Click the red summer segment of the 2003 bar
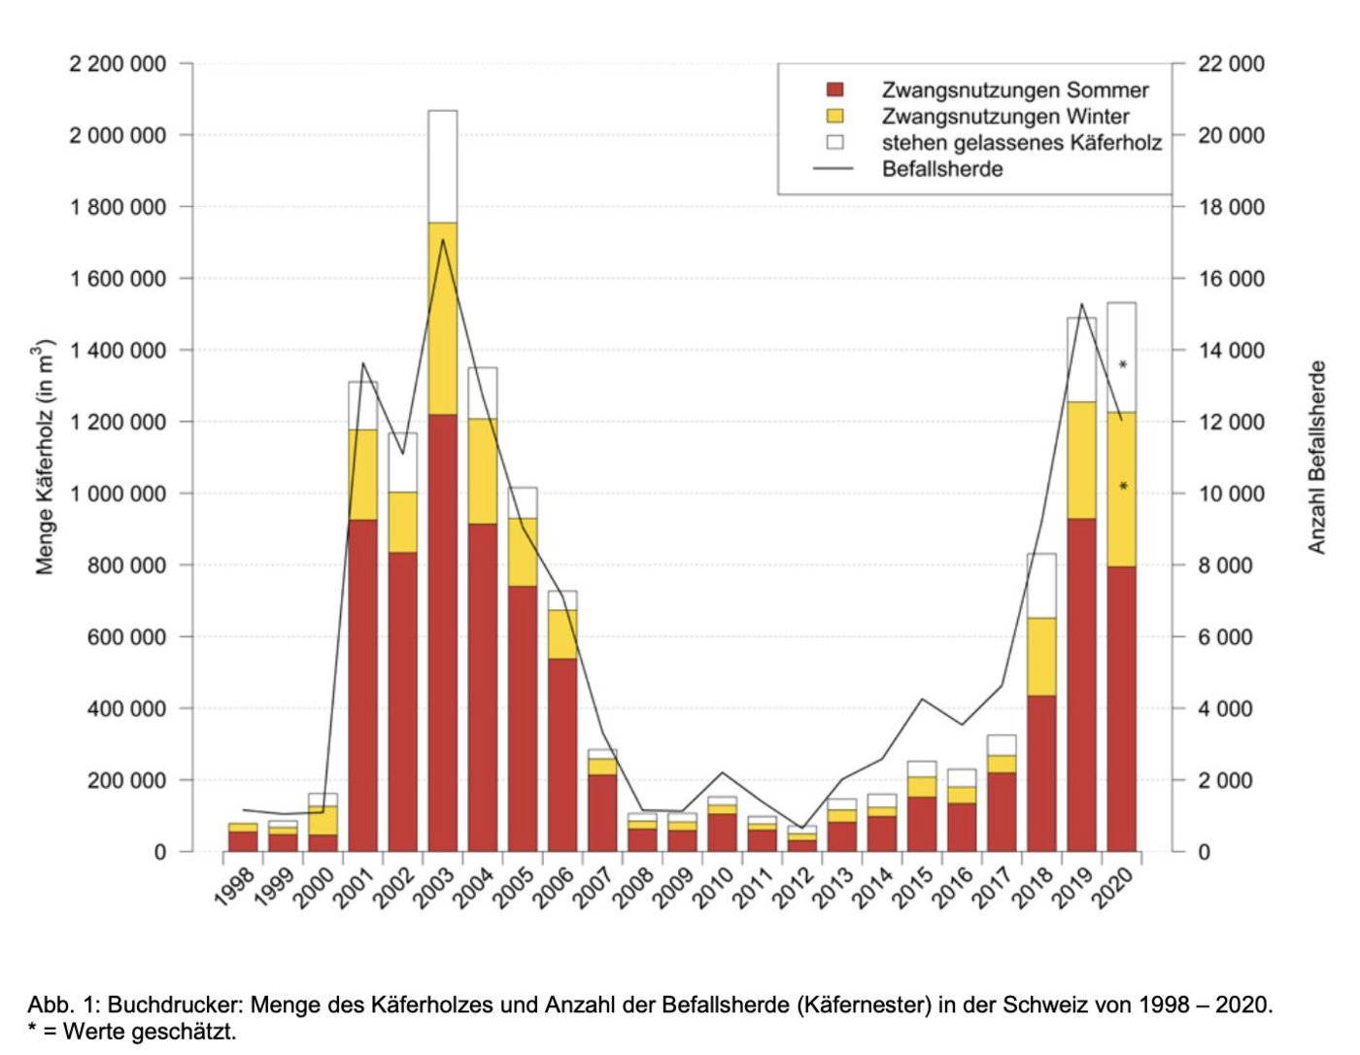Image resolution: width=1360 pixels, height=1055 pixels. click(442, 631)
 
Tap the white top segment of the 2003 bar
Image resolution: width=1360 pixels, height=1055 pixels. click(442, 166)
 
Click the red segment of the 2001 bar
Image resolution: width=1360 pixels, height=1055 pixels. click(362, 685)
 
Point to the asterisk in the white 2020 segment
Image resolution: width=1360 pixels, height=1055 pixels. click(1123, 366)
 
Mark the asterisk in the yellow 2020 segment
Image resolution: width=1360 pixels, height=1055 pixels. click(1123, 487)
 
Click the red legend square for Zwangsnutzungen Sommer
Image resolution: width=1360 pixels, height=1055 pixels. click(834, 90)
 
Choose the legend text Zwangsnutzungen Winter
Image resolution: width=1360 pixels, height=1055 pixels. click(1005, 117)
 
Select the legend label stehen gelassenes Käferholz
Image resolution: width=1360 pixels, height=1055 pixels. click(1021, 143)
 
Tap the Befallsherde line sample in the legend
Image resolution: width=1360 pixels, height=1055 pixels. click(833, 169)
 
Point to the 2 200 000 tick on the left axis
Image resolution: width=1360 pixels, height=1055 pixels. click(118, 64)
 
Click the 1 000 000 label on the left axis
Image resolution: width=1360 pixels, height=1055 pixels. click(118, 493)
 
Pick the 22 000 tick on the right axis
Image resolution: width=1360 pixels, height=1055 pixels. click(1231, 64)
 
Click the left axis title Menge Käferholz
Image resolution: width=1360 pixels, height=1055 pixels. click(45, 458)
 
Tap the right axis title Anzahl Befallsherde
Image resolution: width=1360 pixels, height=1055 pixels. click(1316, 458)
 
